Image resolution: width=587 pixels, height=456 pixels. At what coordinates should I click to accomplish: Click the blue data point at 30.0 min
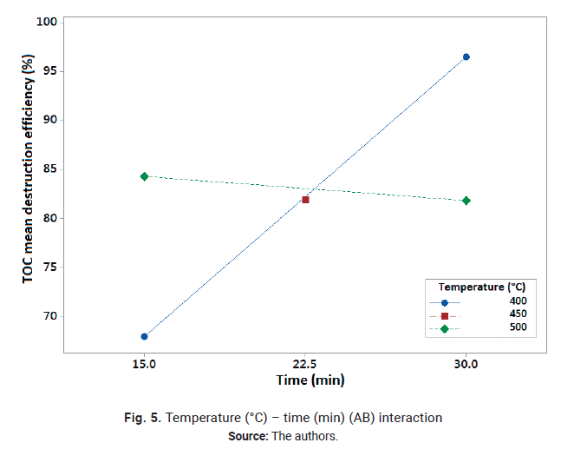click(466, 56)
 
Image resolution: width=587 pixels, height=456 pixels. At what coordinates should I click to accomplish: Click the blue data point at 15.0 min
click(144, 336)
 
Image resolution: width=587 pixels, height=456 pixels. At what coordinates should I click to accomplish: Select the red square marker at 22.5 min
click(305, 200)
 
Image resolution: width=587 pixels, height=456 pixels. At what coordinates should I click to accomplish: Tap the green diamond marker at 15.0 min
click(144, 176)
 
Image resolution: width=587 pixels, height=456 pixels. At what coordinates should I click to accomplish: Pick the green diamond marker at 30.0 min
click(466, 201)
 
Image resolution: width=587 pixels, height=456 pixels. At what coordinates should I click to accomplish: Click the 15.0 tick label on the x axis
click(144, 365)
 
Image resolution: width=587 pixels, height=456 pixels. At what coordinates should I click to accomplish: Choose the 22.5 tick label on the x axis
click(305, 365)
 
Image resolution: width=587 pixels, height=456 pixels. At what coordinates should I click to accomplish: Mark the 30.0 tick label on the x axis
click(466, 365)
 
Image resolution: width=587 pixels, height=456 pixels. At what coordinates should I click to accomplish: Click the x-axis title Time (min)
click(305, 380)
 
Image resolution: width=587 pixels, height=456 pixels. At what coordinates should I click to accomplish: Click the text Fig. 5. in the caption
click(142, 418)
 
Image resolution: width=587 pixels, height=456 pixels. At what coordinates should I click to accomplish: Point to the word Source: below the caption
click(248, 436)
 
